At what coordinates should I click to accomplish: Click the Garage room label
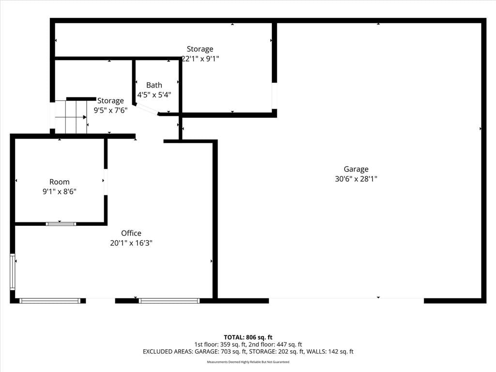coord(356,170)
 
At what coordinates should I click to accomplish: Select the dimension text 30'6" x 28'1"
coord(356,179)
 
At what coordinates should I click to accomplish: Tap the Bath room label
coord(154,85)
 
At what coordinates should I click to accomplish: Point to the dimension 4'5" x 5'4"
coord(154,94)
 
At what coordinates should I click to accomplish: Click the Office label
coord(131,233)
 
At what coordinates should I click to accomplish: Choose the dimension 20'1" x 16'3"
coord(131,243)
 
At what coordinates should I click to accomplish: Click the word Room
coord(60,182)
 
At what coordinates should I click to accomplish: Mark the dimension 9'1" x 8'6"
coord(60,191)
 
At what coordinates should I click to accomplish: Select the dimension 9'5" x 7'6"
coord(110,110)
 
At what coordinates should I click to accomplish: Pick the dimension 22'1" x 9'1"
coord(200,59)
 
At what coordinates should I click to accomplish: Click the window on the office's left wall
coord(12,272)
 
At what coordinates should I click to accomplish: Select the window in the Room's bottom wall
coord(61,224)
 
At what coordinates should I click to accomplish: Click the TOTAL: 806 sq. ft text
coord(248,337)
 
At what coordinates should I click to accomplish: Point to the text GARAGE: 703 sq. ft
coord(220,352)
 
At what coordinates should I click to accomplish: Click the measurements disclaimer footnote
coord(248,362)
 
